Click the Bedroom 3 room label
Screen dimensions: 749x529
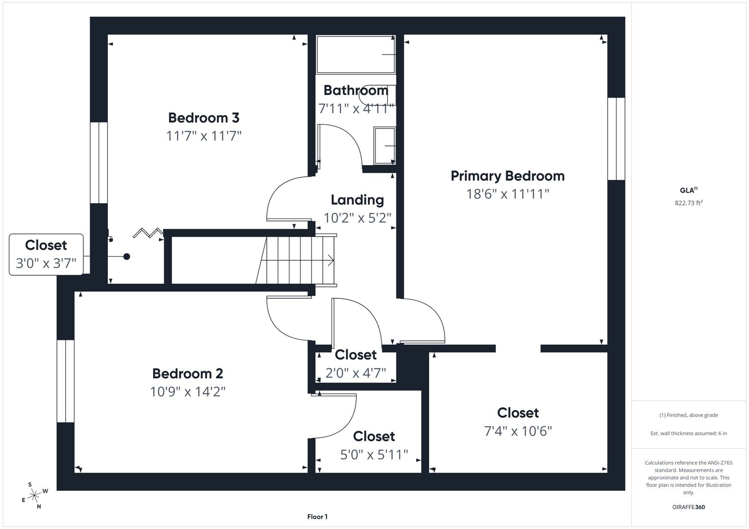(204, 118)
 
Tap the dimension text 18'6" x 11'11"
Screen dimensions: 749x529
(508, 193)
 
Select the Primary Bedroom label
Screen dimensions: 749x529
(508, 176)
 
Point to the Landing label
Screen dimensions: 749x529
(357, 200)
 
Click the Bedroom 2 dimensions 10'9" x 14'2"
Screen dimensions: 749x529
(187, 391)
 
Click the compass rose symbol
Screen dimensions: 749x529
(34, 496)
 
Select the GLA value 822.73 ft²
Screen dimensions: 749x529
(689, 203)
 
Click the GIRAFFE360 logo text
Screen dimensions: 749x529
(689, 507)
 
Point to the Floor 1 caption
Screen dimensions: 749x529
(317, 517)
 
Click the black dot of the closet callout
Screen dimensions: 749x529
(127, 257)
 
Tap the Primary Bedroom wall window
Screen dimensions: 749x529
(616, 139)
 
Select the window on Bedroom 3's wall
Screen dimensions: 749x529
(99, 163)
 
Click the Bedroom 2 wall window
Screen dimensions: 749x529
(66, 381)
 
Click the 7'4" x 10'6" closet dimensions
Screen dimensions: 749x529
(518, 431)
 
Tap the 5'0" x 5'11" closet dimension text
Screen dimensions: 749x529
(374, 455)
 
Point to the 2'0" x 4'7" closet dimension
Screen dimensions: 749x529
(356, 373)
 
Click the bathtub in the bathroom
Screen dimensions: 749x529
(356, 54)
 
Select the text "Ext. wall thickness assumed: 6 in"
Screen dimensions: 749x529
(689, 433)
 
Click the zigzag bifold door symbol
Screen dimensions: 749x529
(148, 233)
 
